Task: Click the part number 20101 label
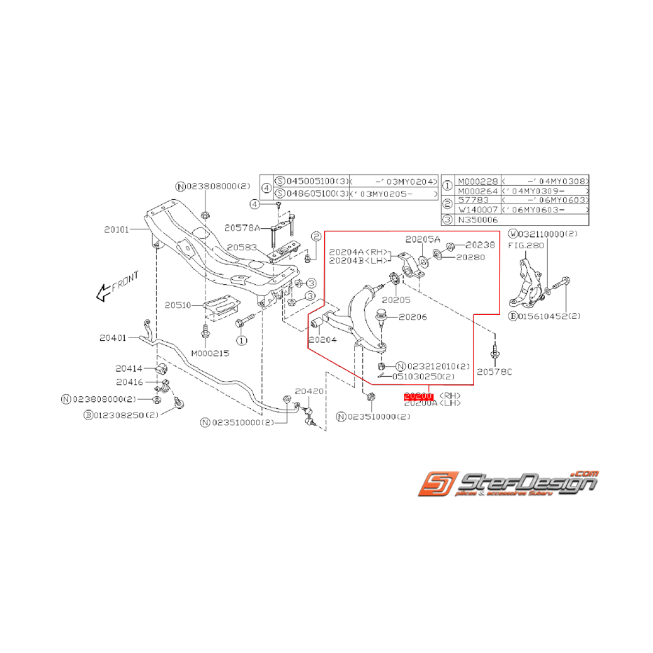coord(118,229)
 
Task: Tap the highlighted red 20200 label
coord(419,396)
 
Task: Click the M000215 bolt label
coord(210,354)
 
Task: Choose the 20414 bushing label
coord(130,368)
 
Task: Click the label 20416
coord(130,382)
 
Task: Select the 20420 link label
coord(309,391)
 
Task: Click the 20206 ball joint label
coord(413,316)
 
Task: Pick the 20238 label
coord(480,245)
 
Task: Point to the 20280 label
coord(469,257)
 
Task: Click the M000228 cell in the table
coord(478,180)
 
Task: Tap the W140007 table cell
coord(478,210)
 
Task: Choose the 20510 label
coord(178,305)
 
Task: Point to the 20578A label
coord(242,228)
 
